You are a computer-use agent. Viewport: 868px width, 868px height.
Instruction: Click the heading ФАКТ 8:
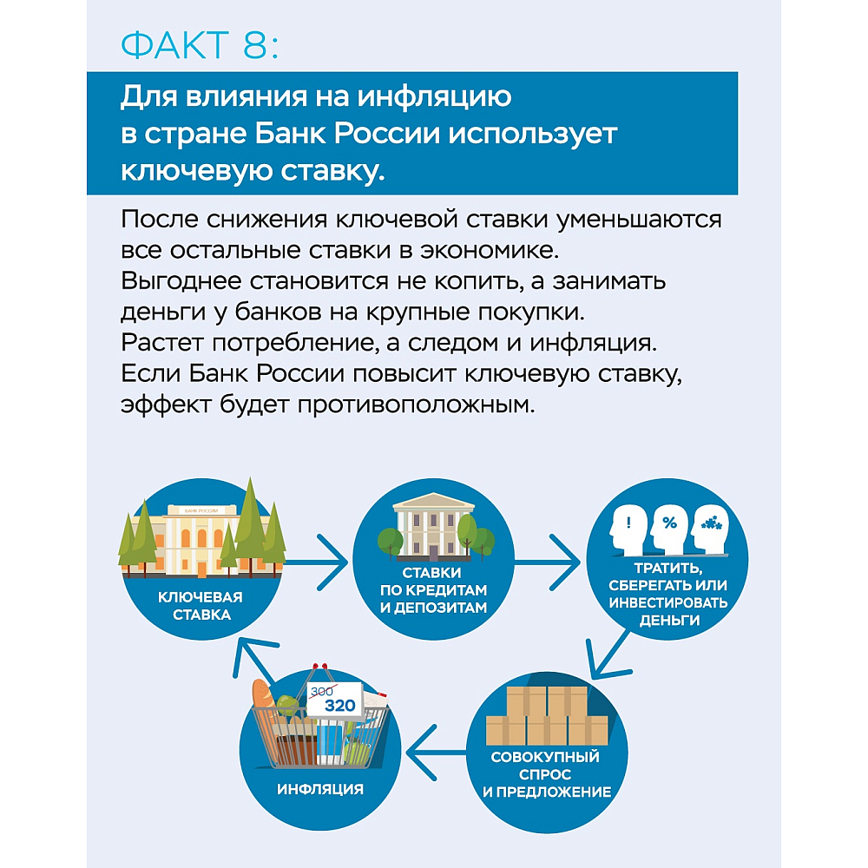[200, 45]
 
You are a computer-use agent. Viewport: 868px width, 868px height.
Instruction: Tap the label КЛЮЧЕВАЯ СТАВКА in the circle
[201, 606]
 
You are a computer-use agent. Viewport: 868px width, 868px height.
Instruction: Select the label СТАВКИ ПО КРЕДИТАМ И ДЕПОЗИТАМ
[433, 590]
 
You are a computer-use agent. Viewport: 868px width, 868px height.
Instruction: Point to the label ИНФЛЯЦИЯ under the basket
[320, 789]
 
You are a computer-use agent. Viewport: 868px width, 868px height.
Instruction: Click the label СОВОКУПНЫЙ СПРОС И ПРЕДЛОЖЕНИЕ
[546, 774]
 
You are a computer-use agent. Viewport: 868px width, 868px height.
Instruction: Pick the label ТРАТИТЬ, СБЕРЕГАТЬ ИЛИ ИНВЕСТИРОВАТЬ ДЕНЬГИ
[668, 594]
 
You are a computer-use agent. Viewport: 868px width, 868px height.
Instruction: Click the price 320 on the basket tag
[340, 705]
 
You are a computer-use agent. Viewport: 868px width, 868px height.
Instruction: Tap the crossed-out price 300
[322, 691]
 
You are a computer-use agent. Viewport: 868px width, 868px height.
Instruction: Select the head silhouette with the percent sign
[669, 528]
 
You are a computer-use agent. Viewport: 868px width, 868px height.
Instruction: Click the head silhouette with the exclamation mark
[628, 529]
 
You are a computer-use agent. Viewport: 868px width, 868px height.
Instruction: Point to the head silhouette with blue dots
[710, 529]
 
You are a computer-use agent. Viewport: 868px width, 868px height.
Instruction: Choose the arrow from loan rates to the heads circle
[548, 562]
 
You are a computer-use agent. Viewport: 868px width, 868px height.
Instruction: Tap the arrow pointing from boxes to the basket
[437, 753]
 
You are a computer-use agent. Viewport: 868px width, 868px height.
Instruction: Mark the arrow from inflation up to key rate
[254, 659]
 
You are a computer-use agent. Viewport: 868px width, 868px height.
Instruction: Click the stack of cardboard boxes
[546, 716]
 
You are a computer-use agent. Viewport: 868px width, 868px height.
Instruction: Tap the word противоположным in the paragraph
[417, 405]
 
